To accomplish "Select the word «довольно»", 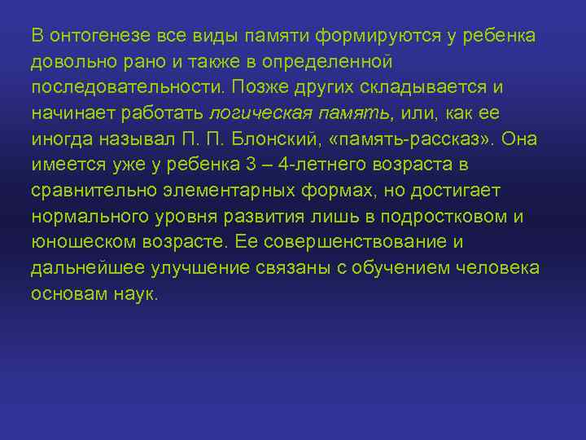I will [68, 62].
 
